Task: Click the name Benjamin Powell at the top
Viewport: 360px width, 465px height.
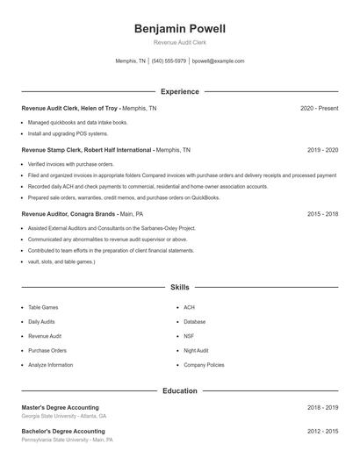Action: (179, 28)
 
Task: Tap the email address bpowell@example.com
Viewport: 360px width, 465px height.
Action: (218, 61)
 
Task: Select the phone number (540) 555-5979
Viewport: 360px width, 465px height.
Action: (169, 61)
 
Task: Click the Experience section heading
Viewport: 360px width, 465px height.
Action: (179, 91)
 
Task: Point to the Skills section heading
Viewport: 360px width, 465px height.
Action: (179, 287)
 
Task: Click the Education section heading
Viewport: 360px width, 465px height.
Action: (179, 390)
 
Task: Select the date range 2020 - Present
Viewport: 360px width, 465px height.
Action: (319, 108)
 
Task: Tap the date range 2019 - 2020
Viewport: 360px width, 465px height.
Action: (322, 150)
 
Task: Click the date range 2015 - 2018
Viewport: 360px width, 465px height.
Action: (322, 213)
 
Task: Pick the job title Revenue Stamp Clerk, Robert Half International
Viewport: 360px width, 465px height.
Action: (87, 150)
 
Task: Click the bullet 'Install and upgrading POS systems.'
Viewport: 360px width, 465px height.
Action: (68, 134)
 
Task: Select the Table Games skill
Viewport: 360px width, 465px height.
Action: (43, 307)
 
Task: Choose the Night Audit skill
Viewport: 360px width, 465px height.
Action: (196, 350)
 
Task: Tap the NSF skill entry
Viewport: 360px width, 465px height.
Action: (189, 336)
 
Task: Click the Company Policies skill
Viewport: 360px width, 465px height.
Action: (204, 364)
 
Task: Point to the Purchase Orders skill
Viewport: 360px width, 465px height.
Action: (47, 350)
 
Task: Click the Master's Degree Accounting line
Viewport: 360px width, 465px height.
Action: (60, 407)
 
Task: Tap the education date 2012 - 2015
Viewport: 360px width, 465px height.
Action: (322, 432)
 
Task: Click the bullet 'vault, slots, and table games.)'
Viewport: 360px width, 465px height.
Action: (61, 261)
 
